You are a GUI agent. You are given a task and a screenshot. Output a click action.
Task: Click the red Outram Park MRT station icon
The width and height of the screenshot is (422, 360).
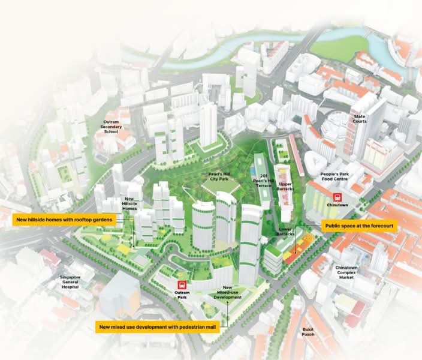pos(182,286)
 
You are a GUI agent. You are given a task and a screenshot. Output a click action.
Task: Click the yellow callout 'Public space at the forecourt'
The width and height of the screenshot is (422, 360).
pos(358,226)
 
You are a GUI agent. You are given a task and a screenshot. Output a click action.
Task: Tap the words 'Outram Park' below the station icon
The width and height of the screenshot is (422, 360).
pos(182,295)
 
